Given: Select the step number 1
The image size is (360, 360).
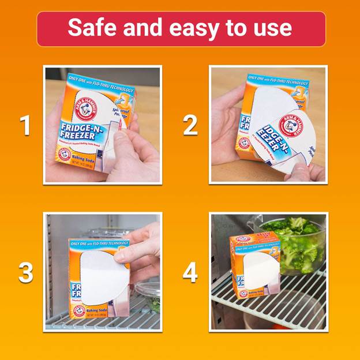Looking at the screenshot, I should [25, 125].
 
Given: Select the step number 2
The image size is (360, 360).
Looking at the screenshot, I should [190, 125].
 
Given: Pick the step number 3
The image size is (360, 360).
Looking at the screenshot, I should [25, 272].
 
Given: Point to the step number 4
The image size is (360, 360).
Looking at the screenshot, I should [190, 272].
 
